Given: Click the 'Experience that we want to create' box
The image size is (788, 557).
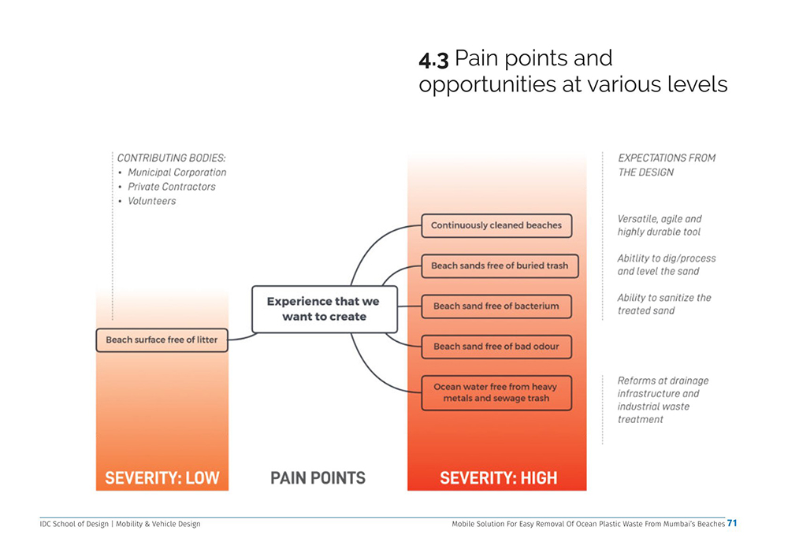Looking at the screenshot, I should (323, 309).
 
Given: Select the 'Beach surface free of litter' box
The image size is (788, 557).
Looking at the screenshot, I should (162, 340).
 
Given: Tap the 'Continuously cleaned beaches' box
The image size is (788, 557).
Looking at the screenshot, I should (496, 225).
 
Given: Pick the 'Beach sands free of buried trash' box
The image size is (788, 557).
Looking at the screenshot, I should (500, 266).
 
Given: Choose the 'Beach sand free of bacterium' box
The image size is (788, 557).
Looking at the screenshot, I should (496, 306).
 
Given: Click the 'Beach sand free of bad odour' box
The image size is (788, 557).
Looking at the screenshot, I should (496, 346).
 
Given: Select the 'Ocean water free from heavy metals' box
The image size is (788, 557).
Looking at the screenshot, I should (496, 392).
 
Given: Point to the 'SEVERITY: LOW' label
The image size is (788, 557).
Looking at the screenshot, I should (162, 477).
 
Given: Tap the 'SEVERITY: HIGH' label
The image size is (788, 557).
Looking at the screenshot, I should (498, 477).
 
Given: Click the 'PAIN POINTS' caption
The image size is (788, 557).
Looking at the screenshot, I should (318, 477).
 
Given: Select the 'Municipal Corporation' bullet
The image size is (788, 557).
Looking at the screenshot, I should (177, 173).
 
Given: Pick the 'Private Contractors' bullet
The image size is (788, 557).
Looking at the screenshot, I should (172, 187).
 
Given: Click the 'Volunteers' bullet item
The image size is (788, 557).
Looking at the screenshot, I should (152, 201).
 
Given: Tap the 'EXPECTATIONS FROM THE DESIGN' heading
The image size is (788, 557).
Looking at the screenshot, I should (666, 165).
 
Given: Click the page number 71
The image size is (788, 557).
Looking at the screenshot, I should (732, 523).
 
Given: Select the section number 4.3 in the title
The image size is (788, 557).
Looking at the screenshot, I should (433, 60).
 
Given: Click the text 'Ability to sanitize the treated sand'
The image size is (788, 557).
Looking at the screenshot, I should (663, 304).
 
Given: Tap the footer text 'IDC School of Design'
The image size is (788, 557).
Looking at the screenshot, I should (74, 524).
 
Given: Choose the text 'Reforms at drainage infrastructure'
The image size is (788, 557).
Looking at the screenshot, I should (658, 387).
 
